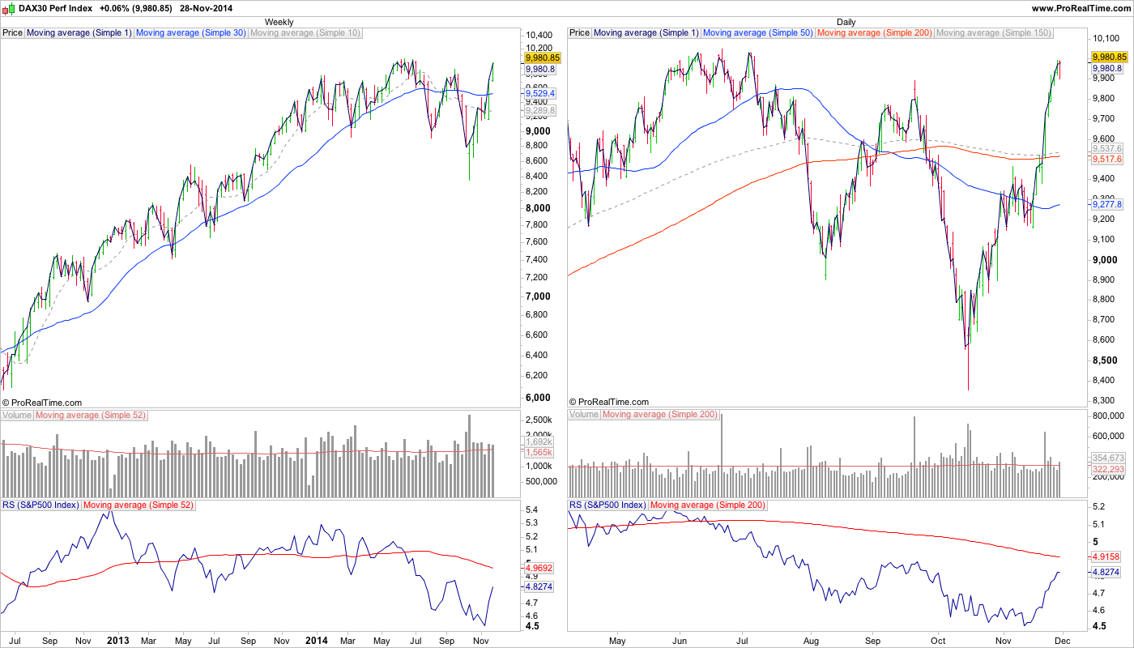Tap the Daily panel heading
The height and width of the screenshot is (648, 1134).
846,22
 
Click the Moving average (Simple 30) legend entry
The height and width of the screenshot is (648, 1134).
191,33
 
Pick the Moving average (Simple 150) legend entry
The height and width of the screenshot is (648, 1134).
994,33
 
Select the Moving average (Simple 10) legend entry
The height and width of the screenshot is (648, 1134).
305,33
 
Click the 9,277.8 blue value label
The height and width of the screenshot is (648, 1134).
1107,206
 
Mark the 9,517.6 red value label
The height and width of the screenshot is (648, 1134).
1107,160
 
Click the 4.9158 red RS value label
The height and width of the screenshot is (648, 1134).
1107,557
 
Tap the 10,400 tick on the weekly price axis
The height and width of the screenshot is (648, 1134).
539,36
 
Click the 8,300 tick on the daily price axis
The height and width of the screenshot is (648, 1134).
1106,400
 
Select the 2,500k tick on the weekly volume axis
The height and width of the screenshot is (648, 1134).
539,420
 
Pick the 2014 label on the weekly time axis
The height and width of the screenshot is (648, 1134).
316,641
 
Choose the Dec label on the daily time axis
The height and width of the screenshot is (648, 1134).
1062,641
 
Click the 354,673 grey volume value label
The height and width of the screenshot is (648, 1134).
1107,458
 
